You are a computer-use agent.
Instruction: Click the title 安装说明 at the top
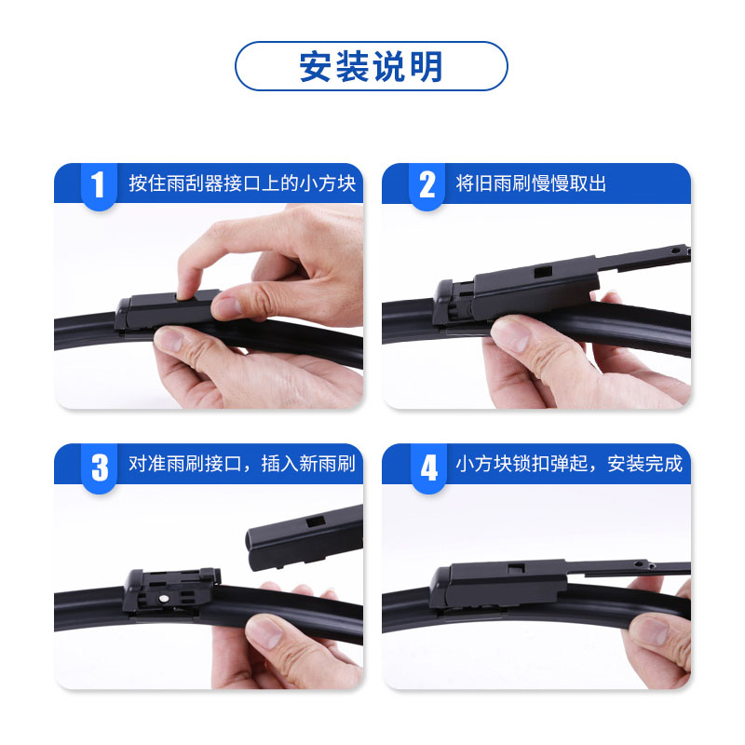[371, 66]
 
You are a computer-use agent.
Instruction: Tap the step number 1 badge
[99, 185]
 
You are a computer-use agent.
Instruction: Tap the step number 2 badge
[427, 185]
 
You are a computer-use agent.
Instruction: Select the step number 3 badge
[100, 467]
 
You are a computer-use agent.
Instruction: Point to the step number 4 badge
[428, 467]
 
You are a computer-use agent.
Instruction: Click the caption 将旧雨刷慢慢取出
[531, 183]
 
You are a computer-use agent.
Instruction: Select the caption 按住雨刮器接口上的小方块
[242, 183]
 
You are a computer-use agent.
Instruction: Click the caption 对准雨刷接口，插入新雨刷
[242, 464]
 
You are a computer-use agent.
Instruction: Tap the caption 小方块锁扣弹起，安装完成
[569, 464]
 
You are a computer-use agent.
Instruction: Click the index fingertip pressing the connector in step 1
[189, 289]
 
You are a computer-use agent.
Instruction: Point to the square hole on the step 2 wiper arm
[543, 272]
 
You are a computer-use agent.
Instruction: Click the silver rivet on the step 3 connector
[164, 598]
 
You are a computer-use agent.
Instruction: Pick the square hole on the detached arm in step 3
[316, 521]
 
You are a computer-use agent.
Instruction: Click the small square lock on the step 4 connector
[516, 568]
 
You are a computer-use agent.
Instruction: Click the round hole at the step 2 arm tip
[675, 250]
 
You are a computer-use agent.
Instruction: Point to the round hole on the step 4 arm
[639, 564]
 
